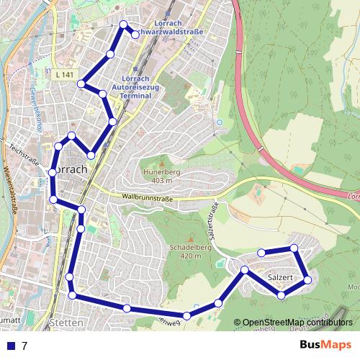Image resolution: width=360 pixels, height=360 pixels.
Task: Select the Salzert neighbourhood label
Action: (279, 277)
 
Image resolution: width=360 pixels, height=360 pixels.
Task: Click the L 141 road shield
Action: (64, 74)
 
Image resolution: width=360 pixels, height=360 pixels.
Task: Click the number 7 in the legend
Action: (24, 346)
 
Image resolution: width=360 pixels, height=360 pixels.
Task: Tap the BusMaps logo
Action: (326, 345)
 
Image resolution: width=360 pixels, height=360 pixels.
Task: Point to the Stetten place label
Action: (66, 323)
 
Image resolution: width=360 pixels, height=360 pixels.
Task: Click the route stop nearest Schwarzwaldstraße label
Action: (135, 34)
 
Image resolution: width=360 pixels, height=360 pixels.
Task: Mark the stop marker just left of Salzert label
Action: (245, 270)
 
